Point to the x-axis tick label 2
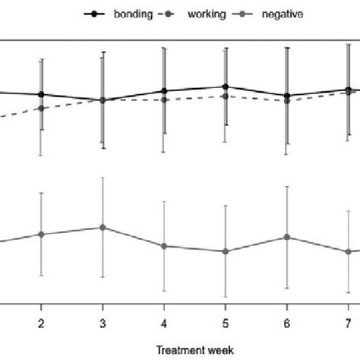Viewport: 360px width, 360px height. click(x=41, y=324)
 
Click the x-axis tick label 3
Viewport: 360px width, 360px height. click(x=103, y=324)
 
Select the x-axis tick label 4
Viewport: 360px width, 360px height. click(x=164, y=324)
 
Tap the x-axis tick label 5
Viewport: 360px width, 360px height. click(x=225, y=324)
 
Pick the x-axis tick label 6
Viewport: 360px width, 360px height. click(x=286, y=324)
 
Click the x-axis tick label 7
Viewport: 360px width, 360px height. click(x=348, y=324)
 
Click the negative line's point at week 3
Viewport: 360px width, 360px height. click(x=103, y=227)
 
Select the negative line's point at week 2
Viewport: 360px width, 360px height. click(x=41, y=234)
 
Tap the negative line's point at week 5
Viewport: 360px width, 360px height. click(x=225, y=251)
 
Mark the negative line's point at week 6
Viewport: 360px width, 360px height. click(x=286, y=237)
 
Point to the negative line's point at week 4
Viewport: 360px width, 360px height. click(x=164, y=246)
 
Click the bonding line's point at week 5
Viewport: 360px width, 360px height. click(x=225, y=87)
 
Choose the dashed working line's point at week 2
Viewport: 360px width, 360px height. click(x=41, y=108)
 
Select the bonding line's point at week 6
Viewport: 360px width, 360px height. click(x=286, y=96)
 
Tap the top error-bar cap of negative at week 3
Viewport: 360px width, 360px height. click(x=103, y=178)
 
